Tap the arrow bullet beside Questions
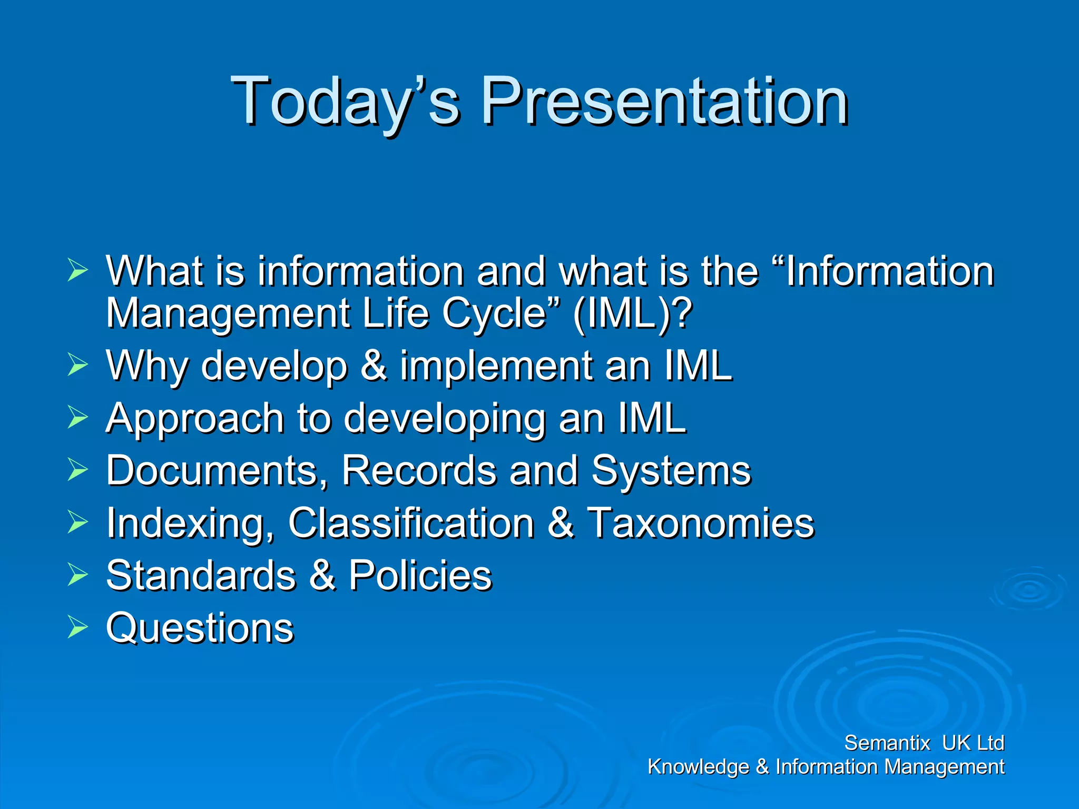pos(77,627)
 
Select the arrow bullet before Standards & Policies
pos(77,575)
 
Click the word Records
pos(419,470)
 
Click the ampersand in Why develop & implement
pos(374,366)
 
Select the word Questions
pos(200,628)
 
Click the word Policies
pos(420,576)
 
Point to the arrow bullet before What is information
pos(77,271)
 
